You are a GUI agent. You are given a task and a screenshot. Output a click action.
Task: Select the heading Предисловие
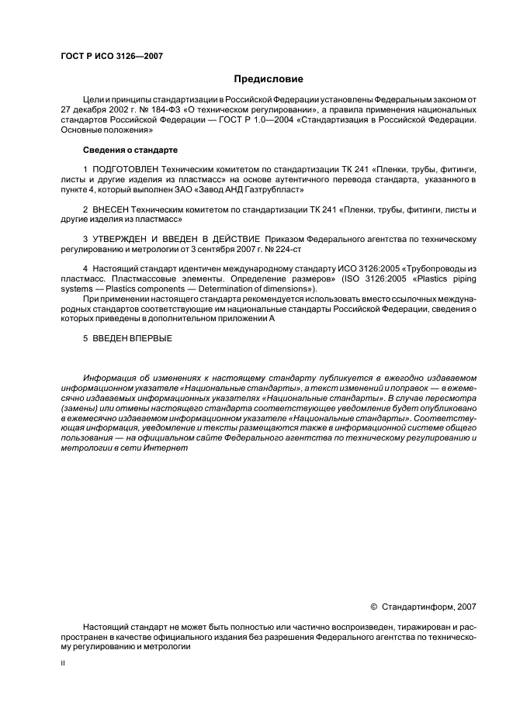click(269, 79)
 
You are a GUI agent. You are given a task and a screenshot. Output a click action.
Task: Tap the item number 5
click(85, 338)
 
